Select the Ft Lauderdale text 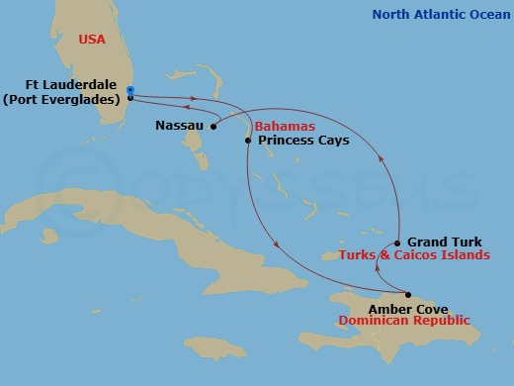66,85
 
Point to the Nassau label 180,127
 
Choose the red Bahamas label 285,128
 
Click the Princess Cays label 303,142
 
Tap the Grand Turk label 443,241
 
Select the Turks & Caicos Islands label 414,254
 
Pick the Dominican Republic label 404,321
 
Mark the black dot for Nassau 214,126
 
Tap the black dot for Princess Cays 247,142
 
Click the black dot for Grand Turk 397,242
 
